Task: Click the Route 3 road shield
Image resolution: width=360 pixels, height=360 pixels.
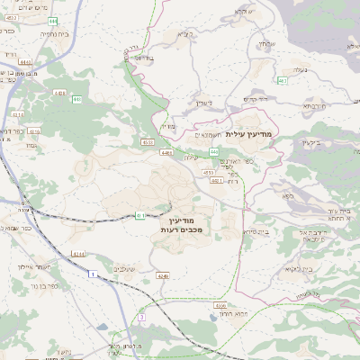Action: [141, 317]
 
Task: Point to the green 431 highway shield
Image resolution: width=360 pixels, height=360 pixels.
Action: [139, 216]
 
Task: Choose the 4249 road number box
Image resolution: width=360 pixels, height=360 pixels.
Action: [162, 274]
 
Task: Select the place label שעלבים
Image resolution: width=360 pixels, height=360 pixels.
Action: [126, 267]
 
